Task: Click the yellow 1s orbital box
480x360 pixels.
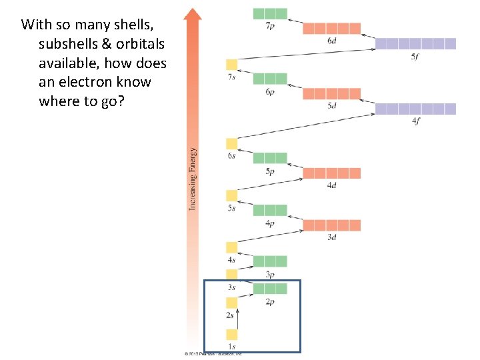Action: [231, 335]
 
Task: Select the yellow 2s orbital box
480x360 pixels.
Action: [231, 303]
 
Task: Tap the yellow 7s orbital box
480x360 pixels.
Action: [231, 65]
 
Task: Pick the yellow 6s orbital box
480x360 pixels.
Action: [231, 143]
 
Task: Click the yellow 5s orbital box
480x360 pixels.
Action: [231, 195]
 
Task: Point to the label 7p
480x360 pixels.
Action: [270, 25]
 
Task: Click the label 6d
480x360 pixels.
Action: [331, 41]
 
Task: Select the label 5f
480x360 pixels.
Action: [415, 57]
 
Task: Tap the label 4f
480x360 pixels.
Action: [415, 121]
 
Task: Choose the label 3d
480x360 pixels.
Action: [331, 237]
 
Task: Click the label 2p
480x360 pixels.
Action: [270, 302]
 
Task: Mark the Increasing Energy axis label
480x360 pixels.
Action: [193, 179]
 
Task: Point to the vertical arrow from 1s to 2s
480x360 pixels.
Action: [237, 319]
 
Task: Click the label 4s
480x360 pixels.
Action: [231, 259]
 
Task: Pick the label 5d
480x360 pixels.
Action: [331, 105]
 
